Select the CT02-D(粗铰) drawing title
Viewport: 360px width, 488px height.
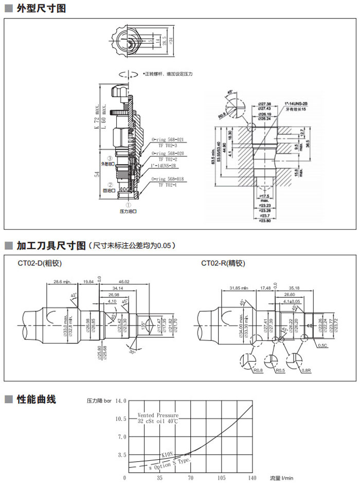point(40,263)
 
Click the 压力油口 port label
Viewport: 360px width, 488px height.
point(128,211)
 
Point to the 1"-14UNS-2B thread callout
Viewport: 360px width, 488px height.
point(295,103)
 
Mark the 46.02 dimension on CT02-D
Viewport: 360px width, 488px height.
point(124,282)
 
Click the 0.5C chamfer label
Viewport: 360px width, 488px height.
point(322,345)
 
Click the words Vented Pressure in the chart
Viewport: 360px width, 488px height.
point(158,415)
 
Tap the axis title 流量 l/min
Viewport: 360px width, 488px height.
point(282,478)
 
